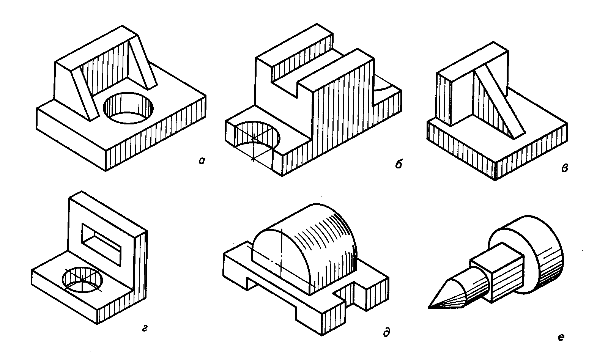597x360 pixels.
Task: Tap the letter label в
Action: (x=564, y=168)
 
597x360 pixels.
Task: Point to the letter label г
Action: (x=145, y=329)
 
